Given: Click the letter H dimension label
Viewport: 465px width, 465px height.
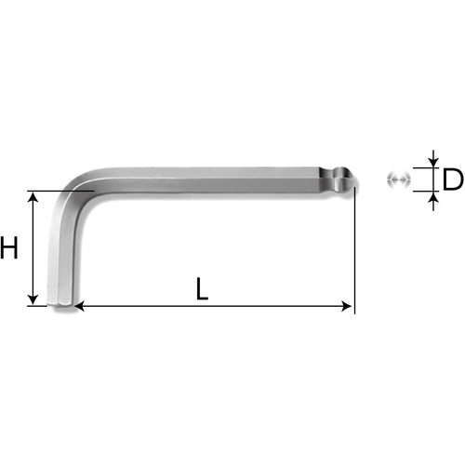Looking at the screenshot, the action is tap(8, 247).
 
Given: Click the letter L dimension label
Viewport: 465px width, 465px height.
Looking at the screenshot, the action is tap(202, 289).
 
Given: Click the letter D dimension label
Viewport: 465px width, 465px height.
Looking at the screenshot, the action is tap(453, 179).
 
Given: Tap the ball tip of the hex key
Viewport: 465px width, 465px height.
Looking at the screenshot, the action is tap(347, 179).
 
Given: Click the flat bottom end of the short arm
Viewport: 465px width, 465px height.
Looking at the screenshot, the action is tap(61, 307).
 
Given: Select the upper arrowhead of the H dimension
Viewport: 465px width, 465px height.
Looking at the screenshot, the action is tap(33, 196).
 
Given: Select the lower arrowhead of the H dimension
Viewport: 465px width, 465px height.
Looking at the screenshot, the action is tap(33, 300).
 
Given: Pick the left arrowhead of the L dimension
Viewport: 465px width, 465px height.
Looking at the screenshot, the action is tap(79, 306).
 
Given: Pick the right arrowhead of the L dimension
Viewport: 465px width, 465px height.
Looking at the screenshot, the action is tap(347, 306).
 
